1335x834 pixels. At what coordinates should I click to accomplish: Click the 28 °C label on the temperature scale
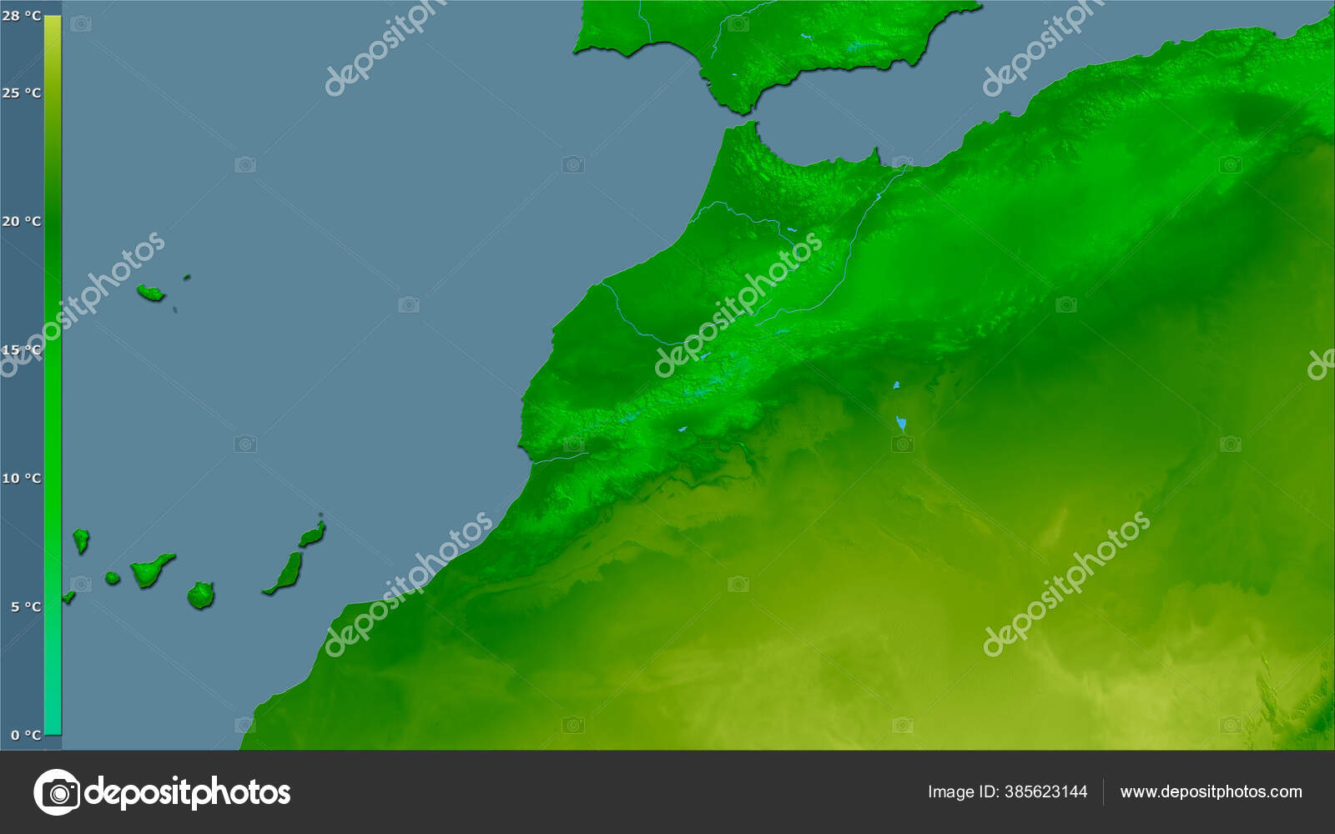tap(21, 16)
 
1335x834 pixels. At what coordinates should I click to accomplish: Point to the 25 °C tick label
tap(21, 93)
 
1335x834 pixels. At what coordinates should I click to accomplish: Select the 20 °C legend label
tap(21, 221)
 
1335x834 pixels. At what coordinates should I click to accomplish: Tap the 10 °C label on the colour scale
tap(21, 478)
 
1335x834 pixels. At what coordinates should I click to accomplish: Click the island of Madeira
tap(150, 293)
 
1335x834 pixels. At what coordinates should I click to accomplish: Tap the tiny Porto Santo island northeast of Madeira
tap(187, 277)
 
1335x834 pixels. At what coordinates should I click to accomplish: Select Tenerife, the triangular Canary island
tap(150, 570)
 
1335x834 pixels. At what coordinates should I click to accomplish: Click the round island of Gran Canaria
tap(201, 595)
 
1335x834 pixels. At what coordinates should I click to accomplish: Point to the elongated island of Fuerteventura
tap(286, 574)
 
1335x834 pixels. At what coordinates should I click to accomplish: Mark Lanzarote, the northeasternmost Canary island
tap(313, 534)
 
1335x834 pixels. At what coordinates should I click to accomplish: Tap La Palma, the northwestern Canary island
tap(80, 540)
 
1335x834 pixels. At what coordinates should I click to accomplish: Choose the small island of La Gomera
tap(113, 578)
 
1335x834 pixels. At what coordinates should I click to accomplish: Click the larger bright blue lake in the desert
tap(901, 425)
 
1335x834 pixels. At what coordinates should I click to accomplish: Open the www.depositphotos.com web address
tap(1211, 791)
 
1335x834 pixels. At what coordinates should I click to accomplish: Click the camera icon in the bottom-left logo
tap(57, 791)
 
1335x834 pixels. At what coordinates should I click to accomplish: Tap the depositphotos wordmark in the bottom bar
tap(189, 791)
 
